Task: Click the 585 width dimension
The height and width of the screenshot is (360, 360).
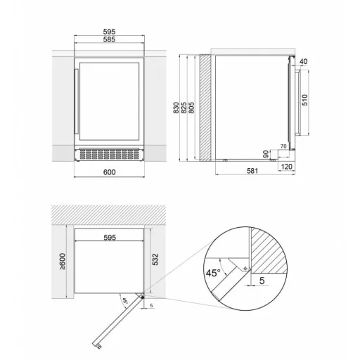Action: tap(109, 39)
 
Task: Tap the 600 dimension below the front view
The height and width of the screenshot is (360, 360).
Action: tap(110, 172)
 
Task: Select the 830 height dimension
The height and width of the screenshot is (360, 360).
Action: tap(176, 108)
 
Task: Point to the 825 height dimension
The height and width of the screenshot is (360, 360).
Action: tap(184, 108)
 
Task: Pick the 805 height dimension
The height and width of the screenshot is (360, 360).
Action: tap(191, 108)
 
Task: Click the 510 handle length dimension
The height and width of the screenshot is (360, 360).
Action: tap(304, 100)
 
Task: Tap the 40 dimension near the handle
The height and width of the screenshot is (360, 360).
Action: tap(303, 61)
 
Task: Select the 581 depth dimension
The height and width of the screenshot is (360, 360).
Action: tap(252, 171)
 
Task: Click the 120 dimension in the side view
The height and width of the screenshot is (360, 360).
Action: tap(286, 167)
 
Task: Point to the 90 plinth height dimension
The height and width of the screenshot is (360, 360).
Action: tap(266, 154)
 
